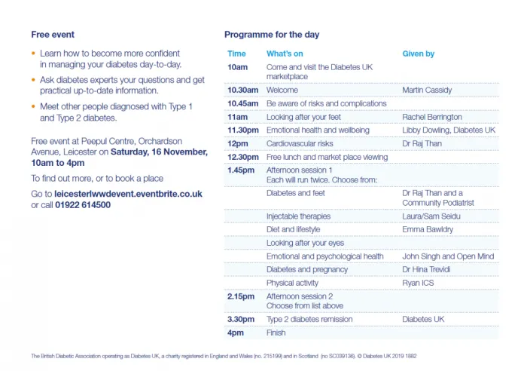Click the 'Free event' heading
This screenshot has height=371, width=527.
53,35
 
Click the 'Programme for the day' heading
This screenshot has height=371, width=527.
272,35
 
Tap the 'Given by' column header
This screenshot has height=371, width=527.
419,54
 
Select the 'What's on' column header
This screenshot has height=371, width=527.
285,54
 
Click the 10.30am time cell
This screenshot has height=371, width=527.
244,90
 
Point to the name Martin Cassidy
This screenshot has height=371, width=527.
427,90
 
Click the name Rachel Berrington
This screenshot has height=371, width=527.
432,117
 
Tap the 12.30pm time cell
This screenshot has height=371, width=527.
244,158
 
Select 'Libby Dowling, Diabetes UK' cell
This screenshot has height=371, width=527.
449,130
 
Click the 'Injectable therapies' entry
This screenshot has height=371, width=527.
299,216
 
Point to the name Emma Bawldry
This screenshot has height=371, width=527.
428,229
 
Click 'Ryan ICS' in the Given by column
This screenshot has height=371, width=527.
419,283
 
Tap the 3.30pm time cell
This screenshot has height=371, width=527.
242,319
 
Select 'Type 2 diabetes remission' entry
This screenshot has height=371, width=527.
309,319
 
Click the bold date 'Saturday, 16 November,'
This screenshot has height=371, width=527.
159,152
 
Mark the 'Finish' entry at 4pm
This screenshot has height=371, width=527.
276,333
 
